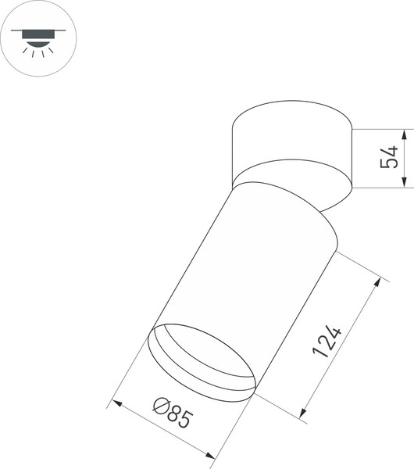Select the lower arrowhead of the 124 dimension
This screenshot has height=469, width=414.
click(304, 411)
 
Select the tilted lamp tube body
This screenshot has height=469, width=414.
click(250, 266)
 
